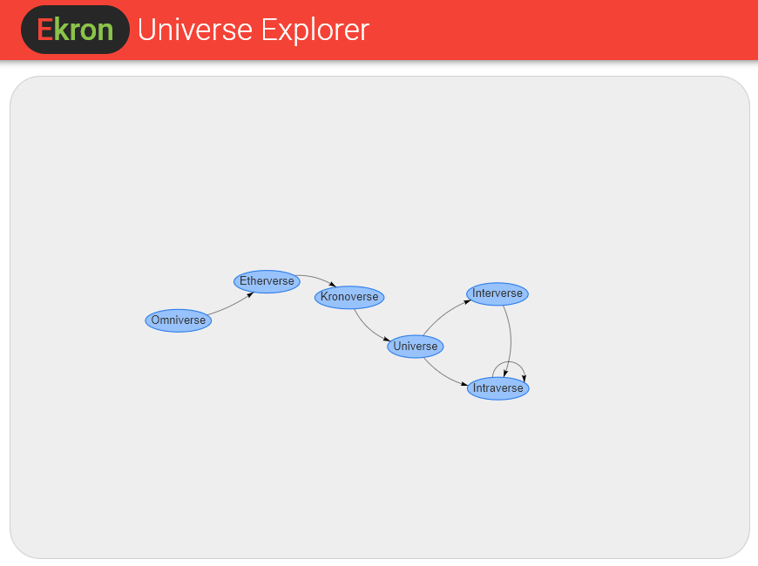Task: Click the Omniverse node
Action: [x=179, y=320]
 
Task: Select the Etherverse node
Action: [x=267, y=281]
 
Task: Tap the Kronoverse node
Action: [x=349, y=297]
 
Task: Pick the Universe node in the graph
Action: [x=416, y=347]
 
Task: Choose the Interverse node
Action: [x=497, y=293]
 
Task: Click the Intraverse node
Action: [x=497, y=388]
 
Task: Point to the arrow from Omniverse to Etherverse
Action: [x=232, y=305]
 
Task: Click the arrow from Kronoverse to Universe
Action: [x=369, y=328]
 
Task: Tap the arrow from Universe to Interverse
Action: [x=444, y=314]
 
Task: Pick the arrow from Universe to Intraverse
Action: [x=443, y=375]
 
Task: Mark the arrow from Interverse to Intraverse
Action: [x=511, y=340]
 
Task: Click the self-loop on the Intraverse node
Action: [x=509, y=362]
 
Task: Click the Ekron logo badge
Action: [x=76, y=30]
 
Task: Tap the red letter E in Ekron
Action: [x=44, y=30]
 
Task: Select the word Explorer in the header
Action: [x=315, y=30]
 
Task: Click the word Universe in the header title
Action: [x=195, y=30]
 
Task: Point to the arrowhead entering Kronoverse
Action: [x=333, y=284]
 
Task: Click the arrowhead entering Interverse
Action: [x=468, y=302]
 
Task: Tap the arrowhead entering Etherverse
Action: [x=250, y=294]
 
